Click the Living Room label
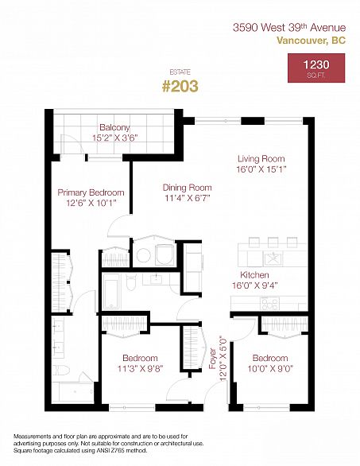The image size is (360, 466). (261, 159)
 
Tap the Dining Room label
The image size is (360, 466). (187, 188)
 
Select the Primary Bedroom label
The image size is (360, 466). (91, 192)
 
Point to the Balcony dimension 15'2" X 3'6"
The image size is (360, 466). (115, 138)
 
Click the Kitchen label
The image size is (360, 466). (254, 275)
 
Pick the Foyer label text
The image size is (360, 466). (213, 359)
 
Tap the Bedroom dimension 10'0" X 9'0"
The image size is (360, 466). (270, 369)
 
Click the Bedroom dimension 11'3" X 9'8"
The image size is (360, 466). (140, 369)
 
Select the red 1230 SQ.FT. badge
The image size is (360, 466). (316, 68)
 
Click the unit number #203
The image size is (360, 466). (180, 86)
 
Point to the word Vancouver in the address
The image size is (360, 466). (301, 40)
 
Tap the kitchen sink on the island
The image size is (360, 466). (273, 258)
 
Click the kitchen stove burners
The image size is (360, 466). (269, 304)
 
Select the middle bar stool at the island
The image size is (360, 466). (273, 243)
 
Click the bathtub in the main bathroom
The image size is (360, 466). (112, 292)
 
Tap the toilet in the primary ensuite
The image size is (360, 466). (61, 370)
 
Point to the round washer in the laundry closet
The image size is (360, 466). (144, 255)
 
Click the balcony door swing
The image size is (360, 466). (72, 144)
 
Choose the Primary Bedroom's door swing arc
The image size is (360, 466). (119, 225)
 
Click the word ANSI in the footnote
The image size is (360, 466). (103, 451)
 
